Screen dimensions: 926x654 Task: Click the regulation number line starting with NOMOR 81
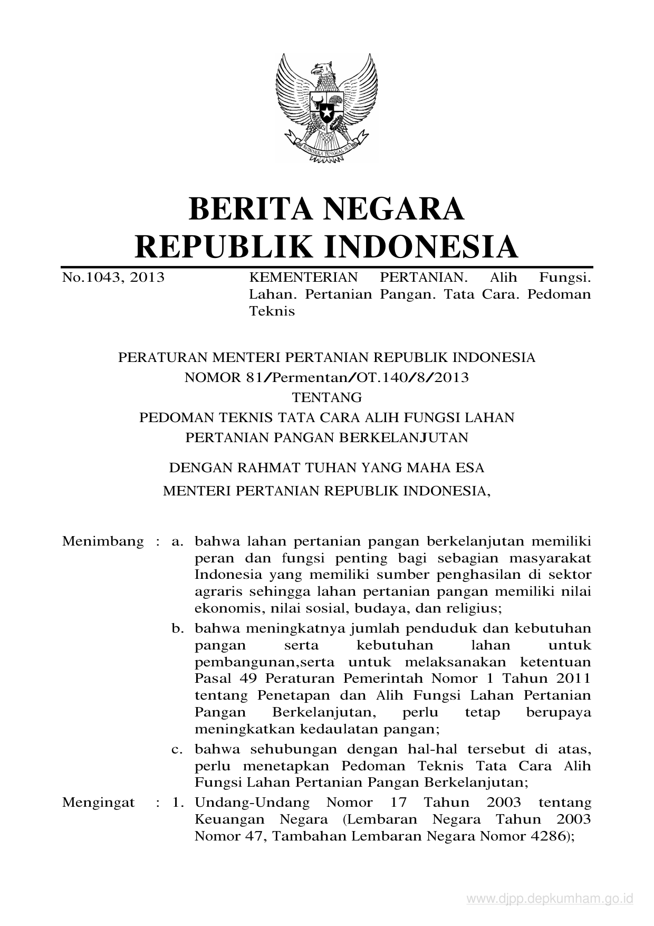(326, 377)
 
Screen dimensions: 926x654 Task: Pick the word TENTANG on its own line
(326, 397)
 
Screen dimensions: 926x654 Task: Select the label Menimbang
(103, 541)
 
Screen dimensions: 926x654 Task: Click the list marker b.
(177, 629)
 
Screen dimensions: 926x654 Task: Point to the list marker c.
(177, 749)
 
